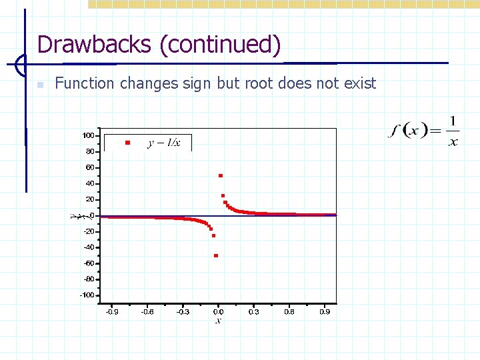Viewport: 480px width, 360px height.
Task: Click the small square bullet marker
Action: (x=40, y=85)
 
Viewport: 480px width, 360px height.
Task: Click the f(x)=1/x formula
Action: (x=424, y=130)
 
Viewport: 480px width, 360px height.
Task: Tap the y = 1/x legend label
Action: (x=163, y=143)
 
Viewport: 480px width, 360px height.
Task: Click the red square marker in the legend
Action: (x=127, y=143)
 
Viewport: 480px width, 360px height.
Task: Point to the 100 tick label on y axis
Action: (x=88, y=135)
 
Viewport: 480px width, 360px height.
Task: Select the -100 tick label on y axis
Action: (x=87, y=295)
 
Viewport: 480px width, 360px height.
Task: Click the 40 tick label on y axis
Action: (x=90, y=183)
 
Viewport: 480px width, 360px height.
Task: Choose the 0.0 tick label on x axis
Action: (x=218, y=311)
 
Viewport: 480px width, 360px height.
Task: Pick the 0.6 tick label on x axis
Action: (x=289, y=311)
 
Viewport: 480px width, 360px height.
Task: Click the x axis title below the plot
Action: (x=218, y=321)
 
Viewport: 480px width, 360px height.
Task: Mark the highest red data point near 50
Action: (x=221, y=176)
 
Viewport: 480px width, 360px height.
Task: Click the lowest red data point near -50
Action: (x=216, y=255)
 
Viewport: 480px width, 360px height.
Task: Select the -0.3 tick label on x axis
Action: (x=182, y=311)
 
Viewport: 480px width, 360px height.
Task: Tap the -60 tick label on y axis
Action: (x=89, y=263)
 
